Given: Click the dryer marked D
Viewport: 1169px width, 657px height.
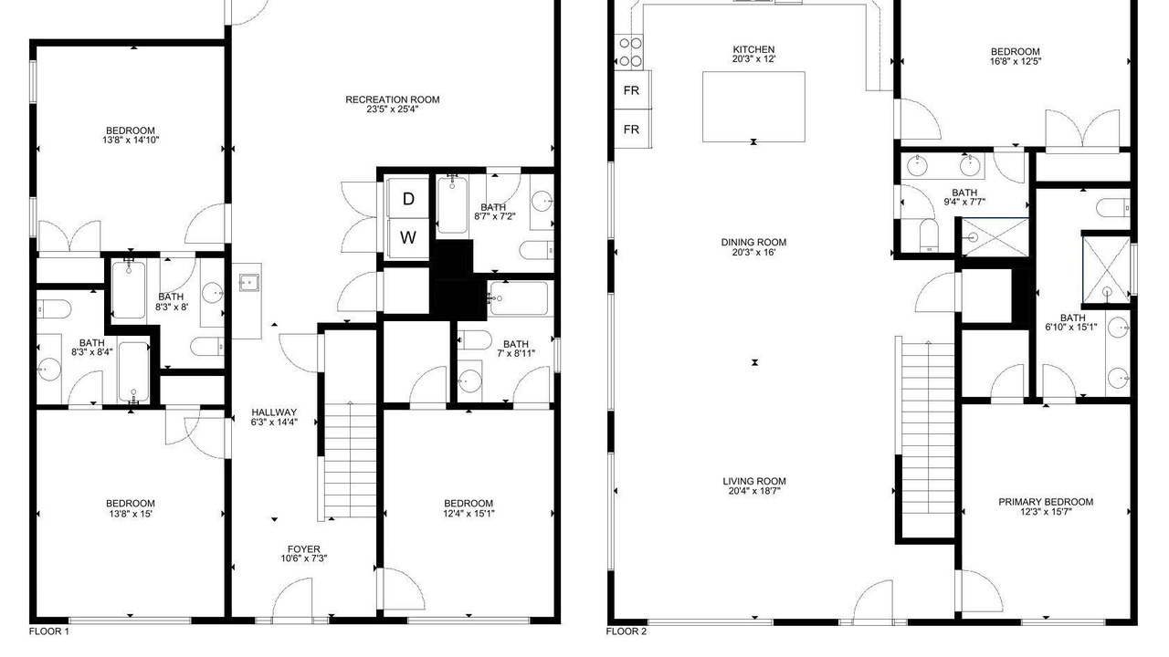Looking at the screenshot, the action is (x=408, y=198).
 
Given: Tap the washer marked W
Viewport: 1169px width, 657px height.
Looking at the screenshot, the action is (x=408, y=238).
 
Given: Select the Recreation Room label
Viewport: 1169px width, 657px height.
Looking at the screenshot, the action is (x=393, y=99).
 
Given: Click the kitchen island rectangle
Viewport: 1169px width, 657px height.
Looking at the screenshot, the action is (x=753, y=107).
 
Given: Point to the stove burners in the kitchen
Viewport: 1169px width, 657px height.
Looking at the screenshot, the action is (x=630, y=52).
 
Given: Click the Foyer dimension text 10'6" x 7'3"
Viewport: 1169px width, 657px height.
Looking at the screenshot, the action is (x=304, y=558).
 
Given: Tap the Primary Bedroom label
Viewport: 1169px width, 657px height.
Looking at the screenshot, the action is (x=1046, y=502).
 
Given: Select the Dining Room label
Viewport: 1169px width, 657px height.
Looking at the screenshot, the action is (x=753, y=243).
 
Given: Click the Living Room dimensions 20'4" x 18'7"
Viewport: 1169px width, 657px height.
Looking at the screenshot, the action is (x=754, y=491).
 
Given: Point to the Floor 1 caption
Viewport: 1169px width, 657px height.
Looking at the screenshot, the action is (x=49, y=631).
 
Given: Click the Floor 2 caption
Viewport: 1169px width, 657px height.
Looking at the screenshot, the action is (x=627, y=631).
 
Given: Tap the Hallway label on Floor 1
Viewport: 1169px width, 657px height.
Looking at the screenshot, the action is (x=274, y=412).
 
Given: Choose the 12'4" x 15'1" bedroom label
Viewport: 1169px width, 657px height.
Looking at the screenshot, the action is (x=469, y=508).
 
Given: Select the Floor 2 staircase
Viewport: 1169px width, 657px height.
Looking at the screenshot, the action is (x=928, y=428).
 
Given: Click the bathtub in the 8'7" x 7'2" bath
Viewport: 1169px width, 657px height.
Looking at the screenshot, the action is (x=452, y=205).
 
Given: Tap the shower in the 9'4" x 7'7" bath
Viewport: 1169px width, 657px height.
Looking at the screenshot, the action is (x=995, y=238).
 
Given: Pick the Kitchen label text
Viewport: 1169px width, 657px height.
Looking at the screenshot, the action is (x=753, y=49).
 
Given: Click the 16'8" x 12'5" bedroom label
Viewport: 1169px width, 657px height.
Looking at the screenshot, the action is (x=1015, y=57).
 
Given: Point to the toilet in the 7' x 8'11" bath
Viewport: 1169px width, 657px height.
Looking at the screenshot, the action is (x=475, y=340).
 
